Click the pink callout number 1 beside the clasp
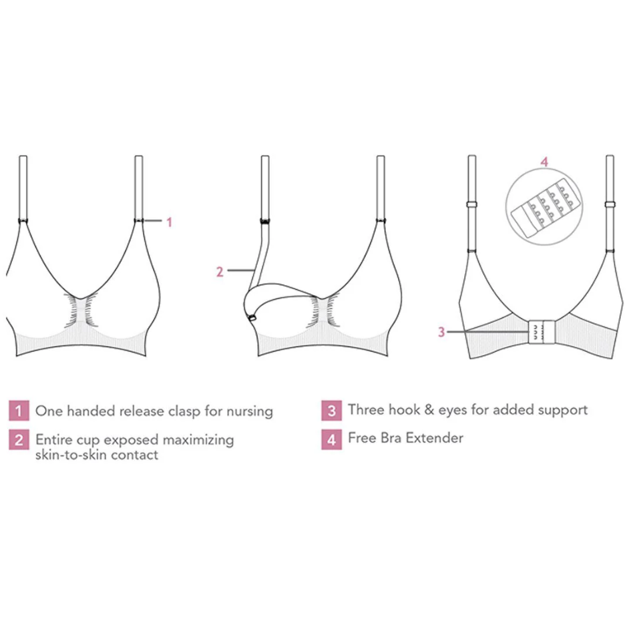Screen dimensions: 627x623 point(169,222)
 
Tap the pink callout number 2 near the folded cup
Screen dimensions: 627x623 point(220,272)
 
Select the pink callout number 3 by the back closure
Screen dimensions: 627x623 point(441,332)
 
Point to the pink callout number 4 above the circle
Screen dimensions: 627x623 point(544,162)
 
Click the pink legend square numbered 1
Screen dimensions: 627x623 point(19,411)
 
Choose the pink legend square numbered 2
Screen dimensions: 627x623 point(19,440)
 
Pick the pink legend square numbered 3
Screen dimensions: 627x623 point(331,411)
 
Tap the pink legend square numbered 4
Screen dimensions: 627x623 point(331,439)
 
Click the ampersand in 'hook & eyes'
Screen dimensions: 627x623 point(429,410)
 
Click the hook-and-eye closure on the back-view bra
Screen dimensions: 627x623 point(542,332)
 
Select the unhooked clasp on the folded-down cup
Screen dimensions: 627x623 point(252,319)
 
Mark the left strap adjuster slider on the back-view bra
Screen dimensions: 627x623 point(472,204)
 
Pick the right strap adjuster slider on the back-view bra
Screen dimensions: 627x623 point(610,204)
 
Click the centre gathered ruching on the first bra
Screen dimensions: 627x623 point(81,310)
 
